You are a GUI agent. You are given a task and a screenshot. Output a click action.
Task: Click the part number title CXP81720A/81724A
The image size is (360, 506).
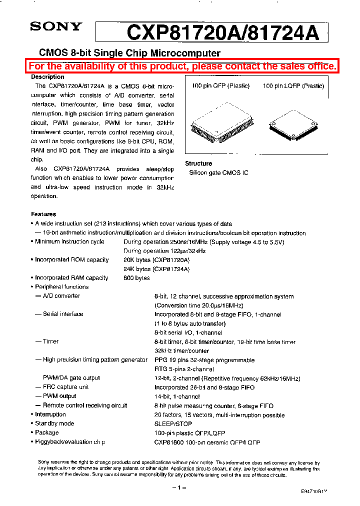coord(222,33)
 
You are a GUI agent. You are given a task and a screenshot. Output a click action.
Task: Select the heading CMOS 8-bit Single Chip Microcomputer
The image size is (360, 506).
coord(129,53)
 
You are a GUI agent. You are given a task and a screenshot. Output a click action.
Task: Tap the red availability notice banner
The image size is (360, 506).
coord(182,66)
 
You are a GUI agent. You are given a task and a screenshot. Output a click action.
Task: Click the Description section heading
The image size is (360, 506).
coord(47,77)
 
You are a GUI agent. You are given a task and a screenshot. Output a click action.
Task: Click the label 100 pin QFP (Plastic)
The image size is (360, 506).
coord(220,86)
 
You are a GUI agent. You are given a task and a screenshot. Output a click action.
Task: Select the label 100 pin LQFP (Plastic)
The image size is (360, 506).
coord(293,86)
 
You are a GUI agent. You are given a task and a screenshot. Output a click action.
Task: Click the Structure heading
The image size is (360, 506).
coord(198,163)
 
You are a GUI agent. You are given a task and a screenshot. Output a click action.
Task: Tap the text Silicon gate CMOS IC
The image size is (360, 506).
coord(218,172)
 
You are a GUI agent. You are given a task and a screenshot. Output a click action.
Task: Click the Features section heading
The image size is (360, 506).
coord(43,214)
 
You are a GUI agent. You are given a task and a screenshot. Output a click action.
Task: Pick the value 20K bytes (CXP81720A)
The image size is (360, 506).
coord(156,260)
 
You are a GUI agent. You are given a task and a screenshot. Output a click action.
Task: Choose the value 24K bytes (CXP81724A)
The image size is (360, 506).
coord(156,269)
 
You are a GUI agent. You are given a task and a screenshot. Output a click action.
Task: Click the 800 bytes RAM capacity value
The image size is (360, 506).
coord(136,278)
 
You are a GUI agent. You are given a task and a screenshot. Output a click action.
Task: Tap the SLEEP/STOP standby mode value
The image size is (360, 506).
coord(173,423)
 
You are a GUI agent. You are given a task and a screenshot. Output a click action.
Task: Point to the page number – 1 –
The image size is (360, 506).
coord(179,487)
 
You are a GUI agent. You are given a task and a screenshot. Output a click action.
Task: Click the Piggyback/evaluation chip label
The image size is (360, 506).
coord(70,442)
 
